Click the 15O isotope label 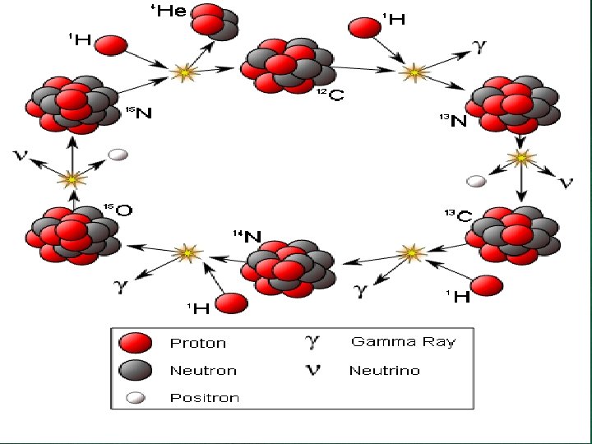click(x=118, y=209)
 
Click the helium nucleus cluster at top click(x=216, y=22)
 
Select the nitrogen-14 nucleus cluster click(x=291, y=270)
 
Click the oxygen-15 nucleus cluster click(x=72, y=234)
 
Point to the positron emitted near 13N click(x=475, y=181)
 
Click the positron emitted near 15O click(x=119, y=155)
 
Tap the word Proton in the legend click(x=197, y=343)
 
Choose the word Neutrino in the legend click(x=384, y=371)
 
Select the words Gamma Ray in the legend click(x=403, y=341)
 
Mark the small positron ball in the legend click(x=134, y=398)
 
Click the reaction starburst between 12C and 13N click(x=415, y=72)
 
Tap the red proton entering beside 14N click(x=232, y=303)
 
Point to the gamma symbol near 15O click(x=120, y=286)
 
